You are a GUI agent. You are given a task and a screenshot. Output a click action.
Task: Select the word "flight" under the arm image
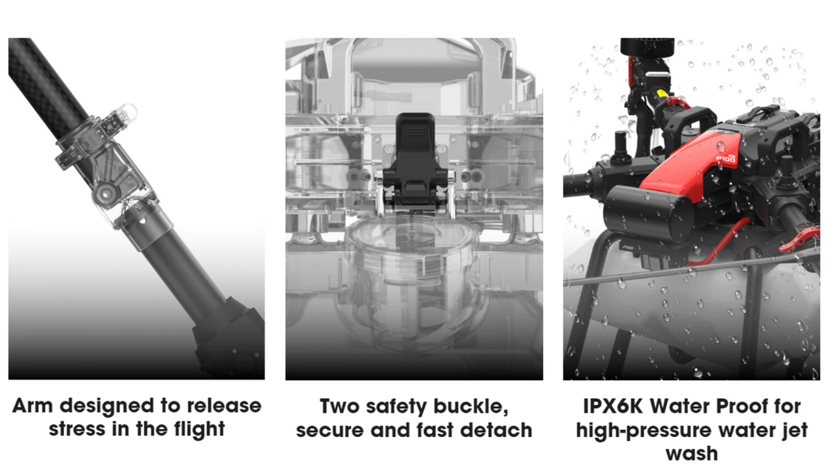click(x=195, y=429)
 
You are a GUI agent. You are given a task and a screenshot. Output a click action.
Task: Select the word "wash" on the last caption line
click(x=691, y=452)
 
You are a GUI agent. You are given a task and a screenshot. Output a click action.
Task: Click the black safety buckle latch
click(x=414, y=162)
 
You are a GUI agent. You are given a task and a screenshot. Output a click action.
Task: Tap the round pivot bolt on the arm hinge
click(x=105, y=194)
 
